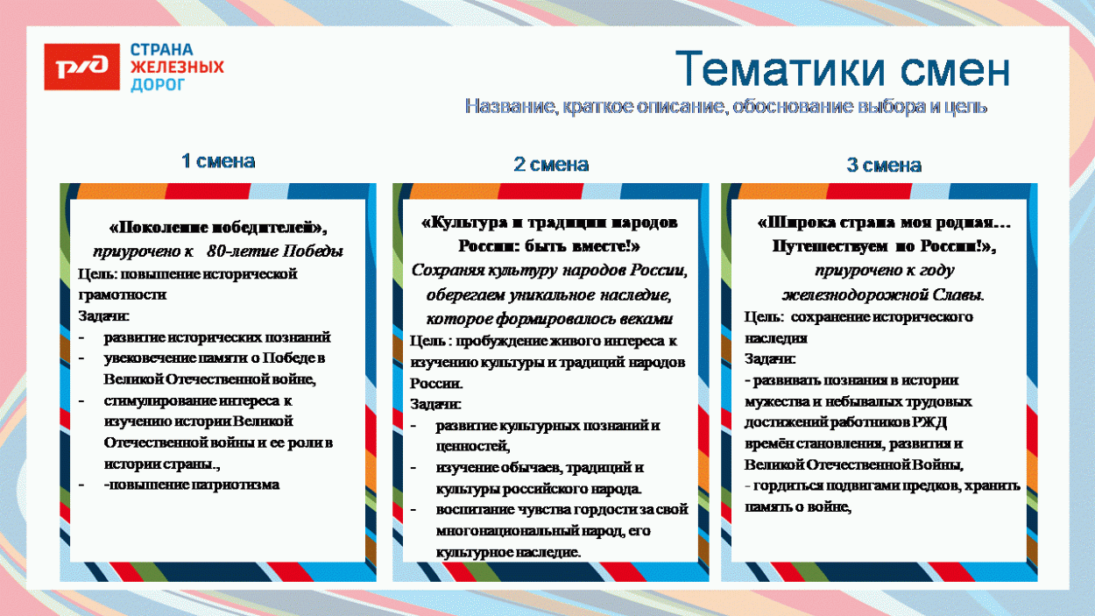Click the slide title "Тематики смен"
(x=842, y=69)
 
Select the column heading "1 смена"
(x=218, y=161)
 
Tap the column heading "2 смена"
(x=551, y=165)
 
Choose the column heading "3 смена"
(x=884, y=166)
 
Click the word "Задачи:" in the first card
(x=103, y=316)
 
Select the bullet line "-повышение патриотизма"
(x=192, y=485)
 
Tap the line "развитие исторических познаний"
(x=217, y=337)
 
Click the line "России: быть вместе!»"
(x=549, y=246)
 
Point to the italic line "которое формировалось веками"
(x=549, y=317)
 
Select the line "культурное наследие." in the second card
(x=508, y=552)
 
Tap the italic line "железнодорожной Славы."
(x=883, y=294)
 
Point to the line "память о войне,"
(x=798, y=506)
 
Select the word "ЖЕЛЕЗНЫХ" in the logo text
(x=177, y=67)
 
